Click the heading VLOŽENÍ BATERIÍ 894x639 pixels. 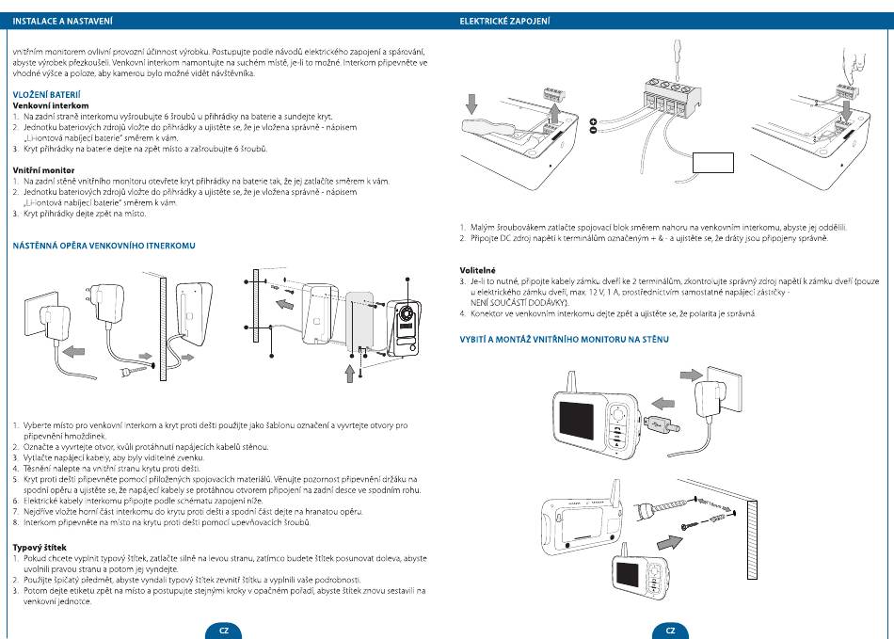click(x=46, y=93)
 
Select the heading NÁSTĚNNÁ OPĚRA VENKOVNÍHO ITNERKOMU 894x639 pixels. click(x=104, y=246)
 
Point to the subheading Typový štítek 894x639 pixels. click(x=39, y=547)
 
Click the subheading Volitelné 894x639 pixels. click(x=478, y=270)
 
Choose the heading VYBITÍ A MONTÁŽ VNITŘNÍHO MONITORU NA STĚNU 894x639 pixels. click(x=564, y=339)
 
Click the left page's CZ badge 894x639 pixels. click(x=223, y=631)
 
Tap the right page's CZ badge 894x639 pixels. click(x=670, y=631)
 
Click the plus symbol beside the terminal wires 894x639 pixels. click(x=593, y=121)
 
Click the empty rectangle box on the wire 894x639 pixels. click(x=711, y=166)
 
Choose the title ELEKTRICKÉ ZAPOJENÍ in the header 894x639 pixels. click(x=504, y=20)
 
